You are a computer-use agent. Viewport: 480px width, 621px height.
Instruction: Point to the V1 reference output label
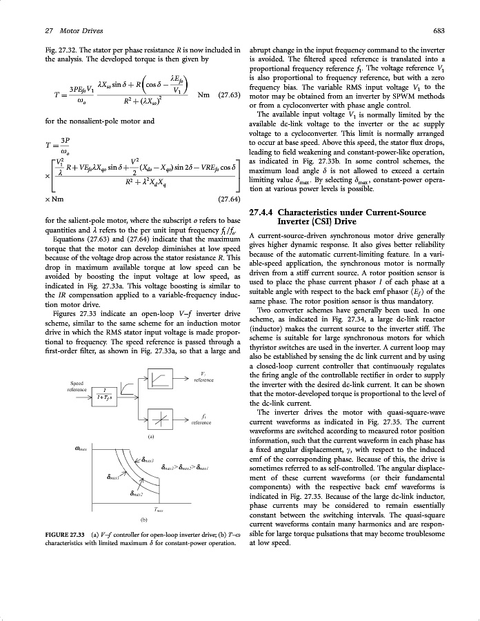tap(203, 377)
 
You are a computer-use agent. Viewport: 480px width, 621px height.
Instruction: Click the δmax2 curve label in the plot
tap(137, 494)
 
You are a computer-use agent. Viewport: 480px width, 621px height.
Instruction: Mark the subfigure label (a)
tap(150, 436)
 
